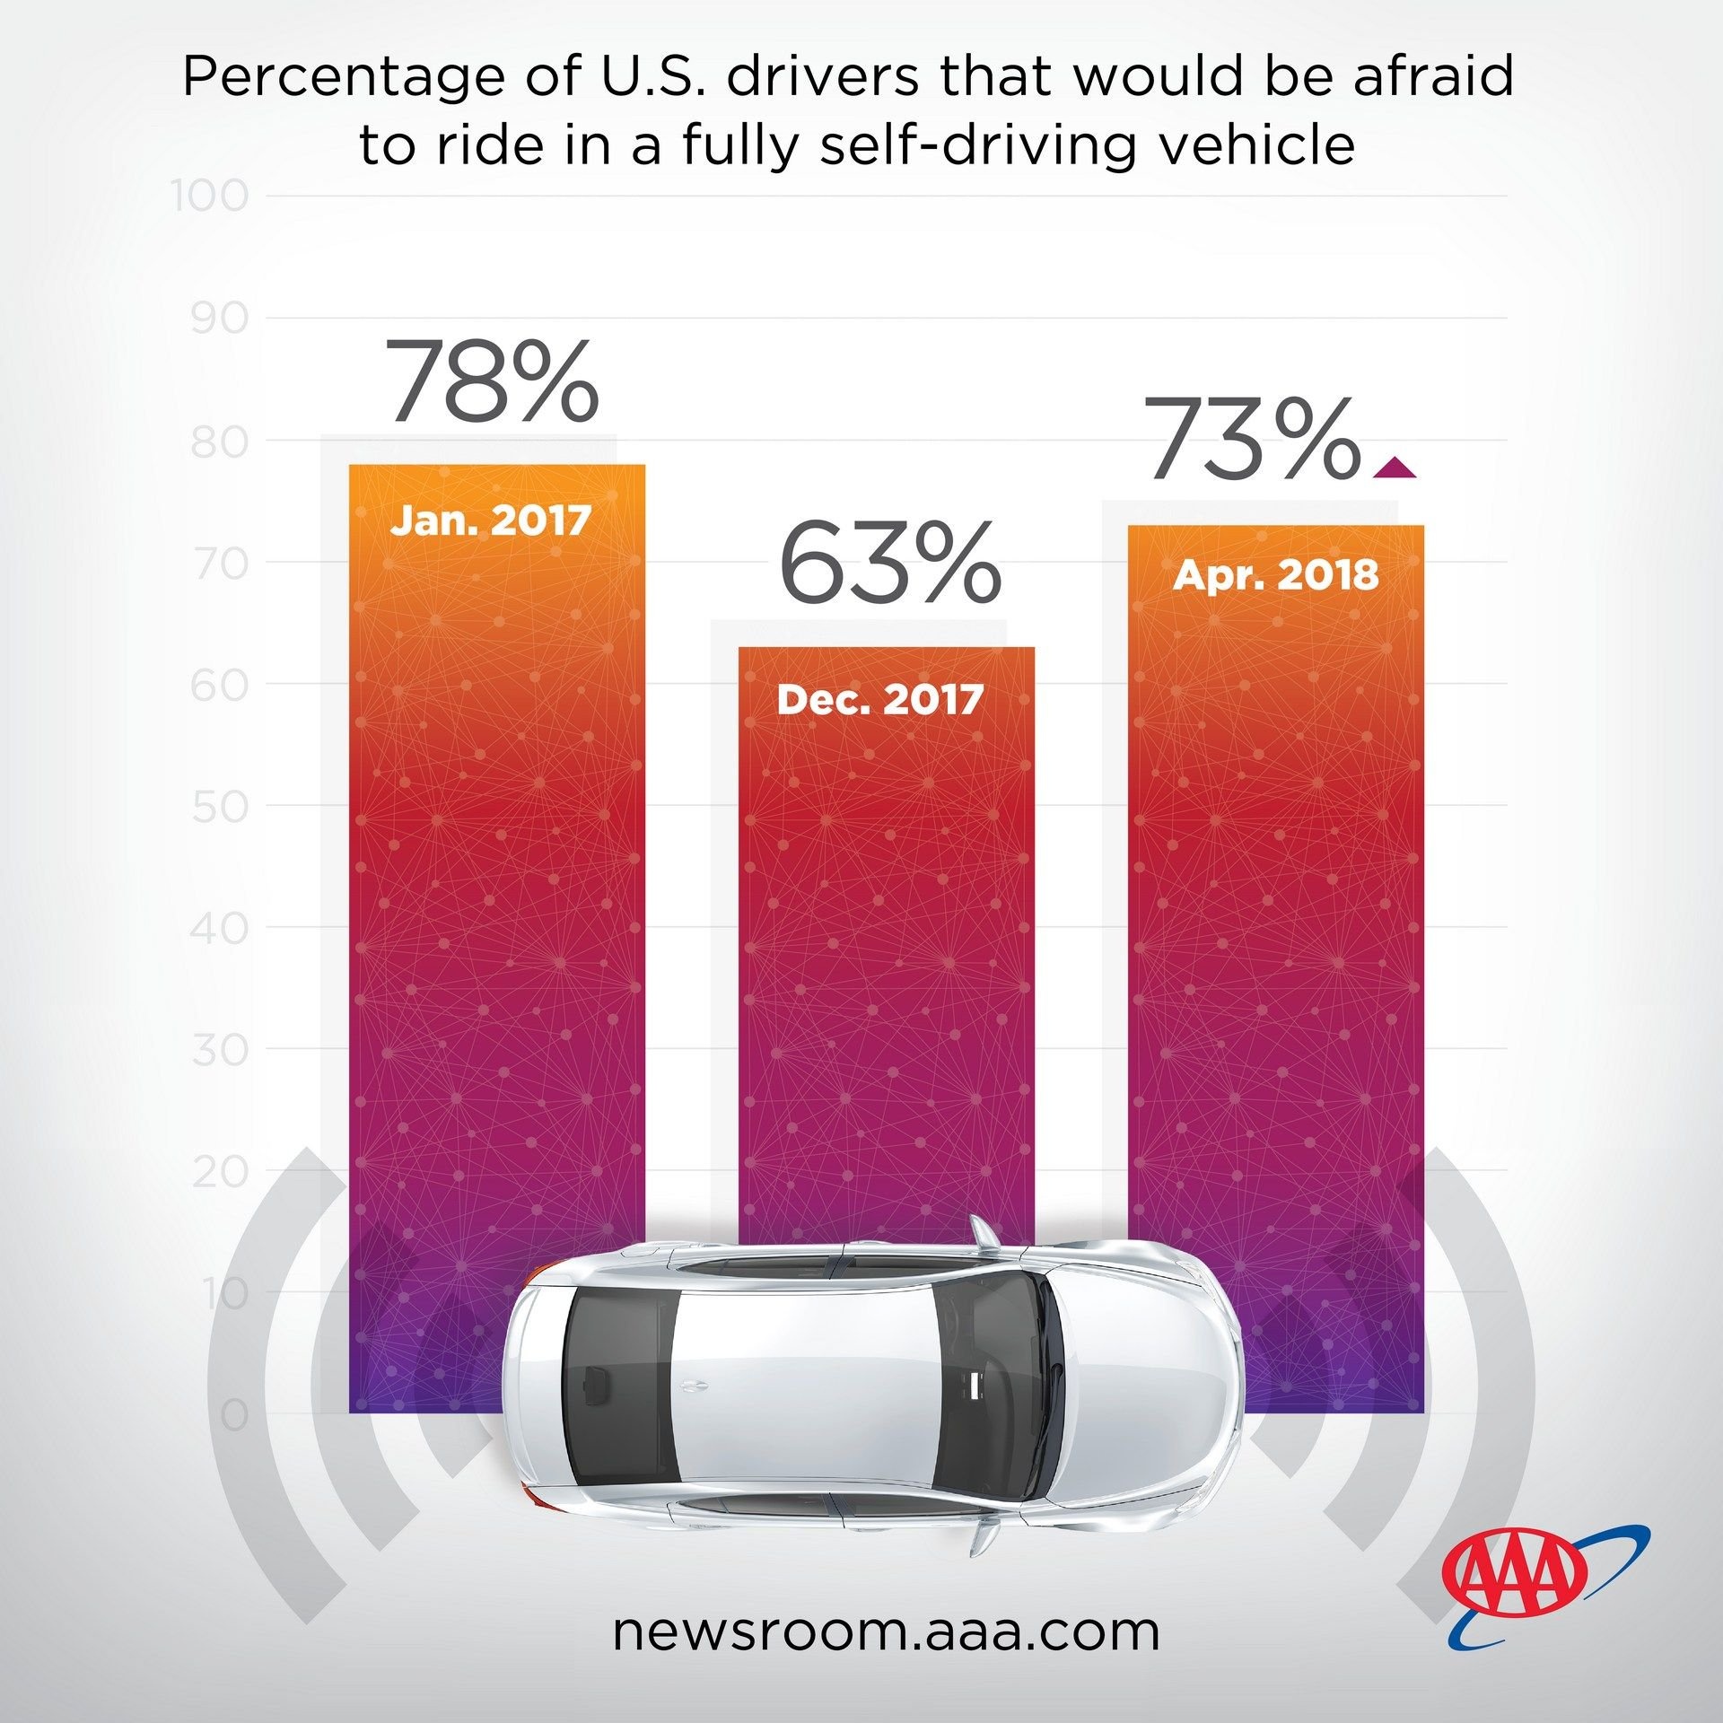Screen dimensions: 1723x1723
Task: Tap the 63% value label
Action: tap(889, 562)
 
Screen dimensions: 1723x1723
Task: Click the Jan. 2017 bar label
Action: tap(490, 520)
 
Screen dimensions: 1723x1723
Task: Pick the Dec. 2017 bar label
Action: tap(880, 700)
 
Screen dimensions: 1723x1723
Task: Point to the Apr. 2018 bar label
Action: tap(1275, 574)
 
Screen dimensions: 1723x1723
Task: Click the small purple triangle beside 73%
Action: tap(1393, 467)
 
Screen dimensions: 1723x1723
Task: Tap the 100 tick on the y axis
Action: tap(210, 197)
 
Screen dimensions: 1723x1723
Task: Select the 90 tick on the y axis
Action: tap(220, 319)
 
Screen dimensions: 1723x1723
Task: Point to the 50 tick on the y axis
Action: tap(220, 807)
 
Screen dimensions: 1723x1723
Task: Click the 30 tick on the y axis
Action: tap(220, 1050)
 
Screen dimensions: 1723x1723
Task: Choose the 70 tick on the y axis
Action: tap(220, 564)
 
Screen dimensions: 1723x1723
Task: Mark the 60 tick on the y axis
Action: tap(220, 686)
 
